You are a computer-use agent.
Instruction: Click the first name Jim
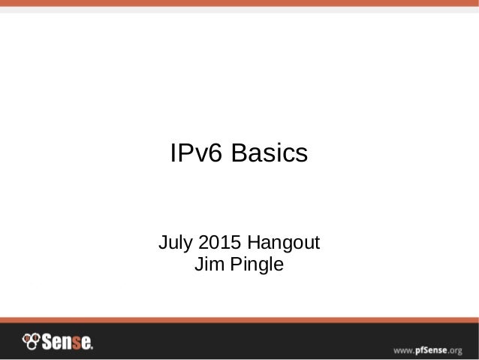[207, 265]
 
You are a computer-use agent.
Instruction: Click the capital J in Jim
[199, 265]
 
